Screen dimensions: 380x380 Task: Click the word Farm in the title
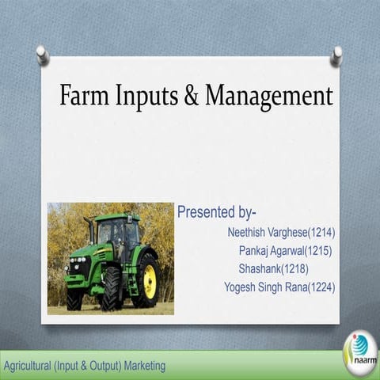pyautogui.click(x=82, y=96)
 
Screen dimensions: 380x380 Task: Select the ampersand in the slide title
pyautogui.click(x=191, y=97)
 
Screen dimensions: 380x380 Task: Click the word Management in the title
pyautogui.click(x=269, y=97)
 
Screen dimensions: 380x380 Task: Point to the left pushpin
pyautogui.click(x=42, y=55)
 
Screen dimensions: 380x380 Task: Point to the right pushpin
pyautogui.click(x=337, y=55)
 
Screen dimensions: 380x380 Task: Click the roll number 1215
pyautogui.click(x=317, y=251)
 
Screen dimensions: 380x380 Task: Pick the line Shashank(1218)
pyautogui.click(x=273, y=269)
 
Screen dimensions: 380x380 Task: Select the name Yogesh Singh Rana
pyautogui.click(x=264, y=287)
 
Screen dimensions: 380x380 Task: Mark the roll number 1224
pyautogui.click(x=320, y=287)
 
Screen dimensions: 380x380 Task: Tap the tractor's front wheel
pyautogui.click(x=111, y=288)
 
